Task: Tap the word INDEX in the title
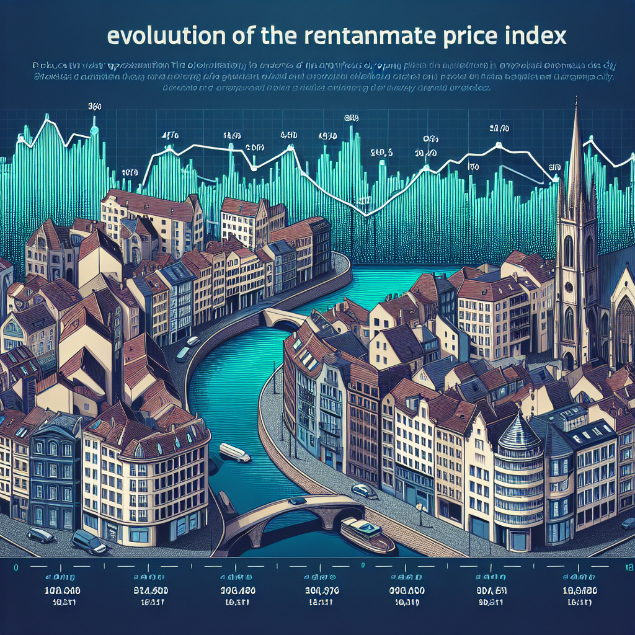[x=533, y=36]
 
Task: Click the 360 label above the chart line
[x=94, y=107]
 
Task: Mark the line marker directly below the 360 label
[x=94, y=130]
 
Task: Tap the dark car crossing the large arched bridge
[x=297, y=500]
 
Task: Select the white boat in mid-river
[x=234, y=452]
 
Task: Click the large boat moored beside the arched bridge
[x=367, y=535]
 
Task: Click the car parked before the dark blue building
[x=40, y=533]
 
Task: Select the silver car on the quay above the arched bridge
[x=363, y=491]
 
